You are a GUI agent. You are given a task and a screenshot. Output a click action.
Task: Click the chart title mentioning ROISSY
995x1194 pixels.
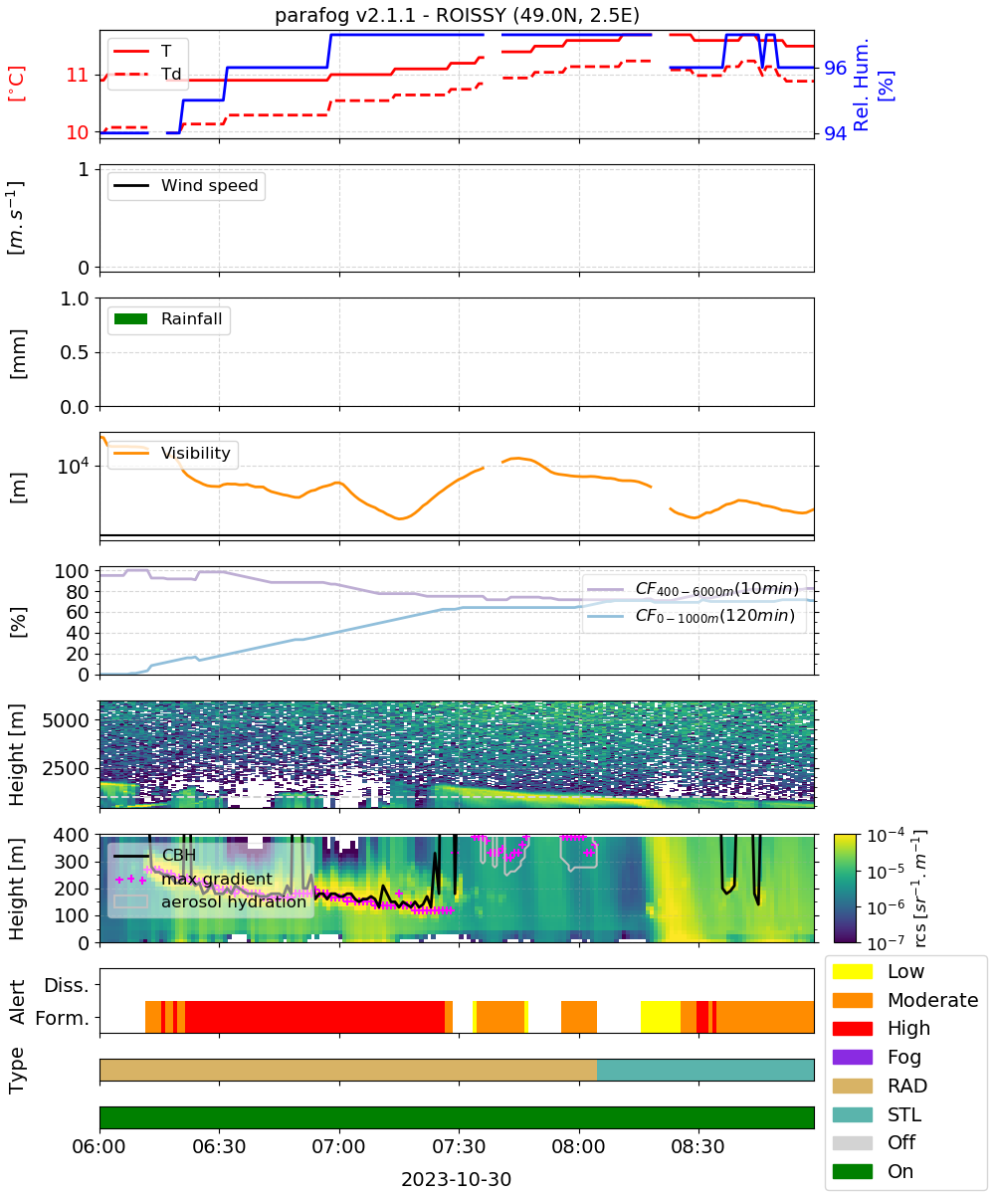pyautogui.click(x=457, y=15)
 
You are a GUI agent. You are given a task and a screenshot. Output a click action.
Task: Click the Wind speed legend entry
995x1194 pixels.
pyautogui.click(x=186, y=185)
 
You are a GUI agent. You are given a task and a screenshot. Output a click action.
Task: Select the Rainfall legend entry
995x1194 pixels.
pyautogui.click(x=168, y=318)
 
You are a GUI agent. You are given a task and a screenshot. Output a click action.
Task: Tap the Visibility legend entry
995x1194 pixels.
pyautogui.click(x=171, y=453)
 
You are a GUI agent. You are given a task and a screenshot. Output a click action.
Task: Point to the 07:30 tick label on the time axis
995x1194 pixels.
pyautogui.click(x=459, y=1147)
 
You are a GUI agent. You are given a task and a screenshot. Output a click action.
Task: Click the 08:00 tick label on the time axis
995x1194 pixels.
pyautogui.click(x=579, y=1147)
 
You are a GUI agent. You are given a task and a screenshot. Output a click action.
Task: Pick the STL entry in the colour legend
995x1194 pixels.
pyautogui.click(x=877, y=1114)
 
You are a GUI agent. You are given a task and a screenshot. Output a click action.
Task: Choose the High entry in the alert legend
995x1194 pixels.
pyautogui.click(x=882, y=1028)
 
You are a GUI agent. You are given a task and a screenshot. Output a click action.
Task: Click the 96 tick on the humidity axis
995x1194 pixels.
pyautogui.click(x=835, y=68)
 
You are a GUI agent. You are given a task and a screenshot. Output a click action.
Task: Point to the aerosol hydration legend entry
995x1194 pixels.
pyautogui.click(x=210, y=901)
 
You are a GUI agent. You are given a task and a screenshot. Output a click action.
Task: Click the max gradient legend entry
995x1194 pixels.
pyautogui.click(x=193, y=879)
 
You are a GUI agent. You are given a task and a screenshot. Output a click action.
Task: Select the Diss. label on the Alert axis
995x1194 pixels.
pyautogui.click(x=67, y=985)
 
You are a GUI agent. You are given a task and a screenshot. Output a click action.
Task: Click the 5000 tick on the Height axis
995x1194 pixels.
pyautogui.click(x=66, y=720)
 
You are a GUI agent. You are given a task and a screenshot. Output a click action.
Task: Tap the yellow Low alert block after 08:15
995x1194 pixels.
pyautogui.click(x=660, y=1017)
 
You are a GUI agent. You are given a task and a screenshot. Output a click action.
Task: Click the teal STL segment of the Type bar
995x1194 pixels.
pyautogui.click(x=705, y=1070)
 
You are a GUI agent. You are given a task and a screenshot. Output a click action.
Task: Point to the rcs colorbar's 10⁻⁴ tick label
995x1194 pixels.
pyautogui.click(x=886, y=836)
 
